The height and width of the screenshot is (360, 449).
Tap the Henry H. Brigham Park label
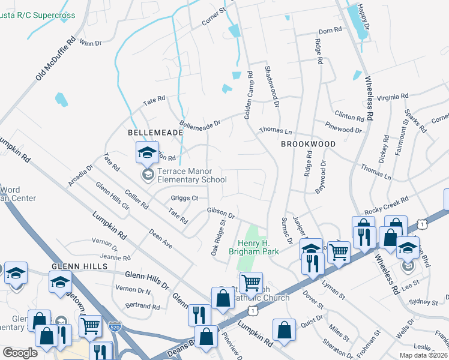[x=258, y=247]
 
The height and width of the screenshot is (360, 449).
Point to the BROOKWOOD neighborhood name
[x=308, y=145]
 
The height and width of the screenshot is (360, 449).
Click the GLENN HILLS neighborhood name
[x=74, y=266]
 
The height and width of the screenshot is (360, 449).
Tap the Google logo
[x=20, y=353]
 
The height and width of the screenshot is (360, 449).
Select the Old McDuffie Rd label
[x=56, y=57]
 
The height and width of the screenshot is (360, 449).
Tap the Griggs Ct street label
[x=184, y=197]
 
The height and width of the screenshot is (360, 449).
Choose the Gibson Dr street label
[x=220, y=212]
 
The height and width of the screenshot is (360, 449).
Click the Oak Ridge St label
[x=218, y=238]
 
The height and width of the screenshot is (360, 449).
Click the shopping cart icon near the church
[x=251, y=282]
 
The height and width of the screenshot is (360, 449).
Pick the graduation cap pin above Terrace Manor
[x=146, y=154]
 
